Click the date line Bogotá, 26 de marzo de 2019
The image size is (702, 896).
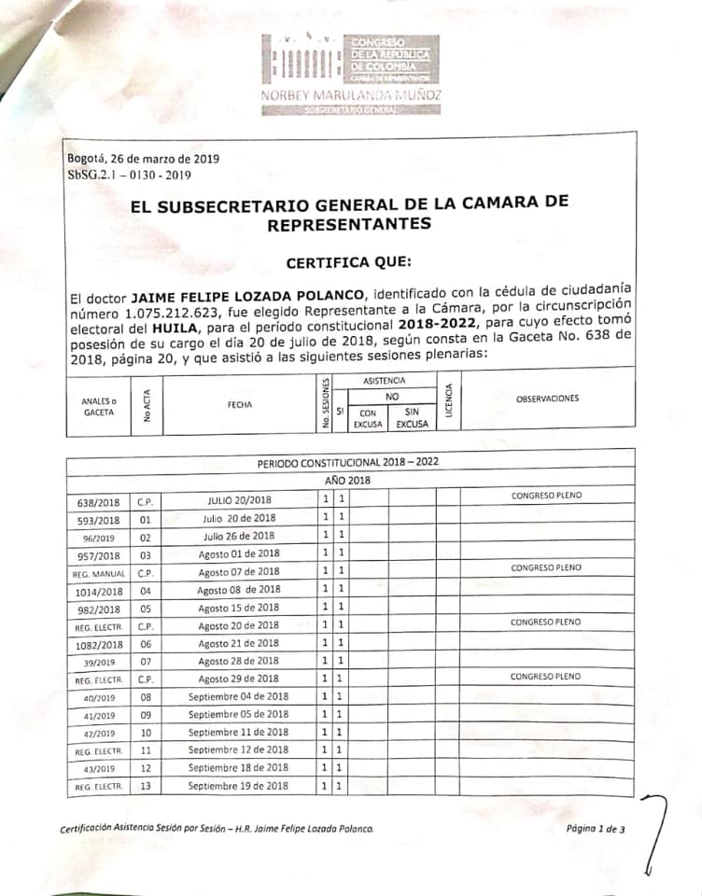coord(143,158)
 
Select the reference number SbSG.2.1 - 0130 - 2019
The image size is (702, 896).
coord(130,174)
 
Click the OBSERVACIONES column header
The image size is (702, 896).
coord(546,399)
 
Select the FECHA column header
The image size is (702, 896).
coord(241,405)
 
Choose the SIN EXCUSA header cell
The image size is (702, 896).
coord(412,417)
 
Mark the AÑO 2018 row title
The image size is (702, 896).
coord(347,480)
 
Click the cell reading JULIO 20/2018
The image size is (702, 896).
coord(240,500)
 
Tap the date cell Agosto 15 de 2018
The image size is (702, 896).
coord(239,607)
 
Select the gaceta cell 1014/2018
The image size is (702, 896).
coord(98,591)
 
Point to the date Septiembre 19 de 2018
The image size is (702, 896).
coord(238,786)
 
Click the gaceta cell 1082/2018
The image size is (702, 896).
coord(98,644)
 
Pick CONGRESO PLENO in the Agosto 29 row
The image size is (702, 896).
coord(545,676)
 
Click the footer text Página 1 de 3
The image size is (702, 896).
coord(595,828)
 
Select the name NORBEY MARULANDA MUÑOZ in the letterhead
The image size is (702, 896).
coord(350,95)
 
